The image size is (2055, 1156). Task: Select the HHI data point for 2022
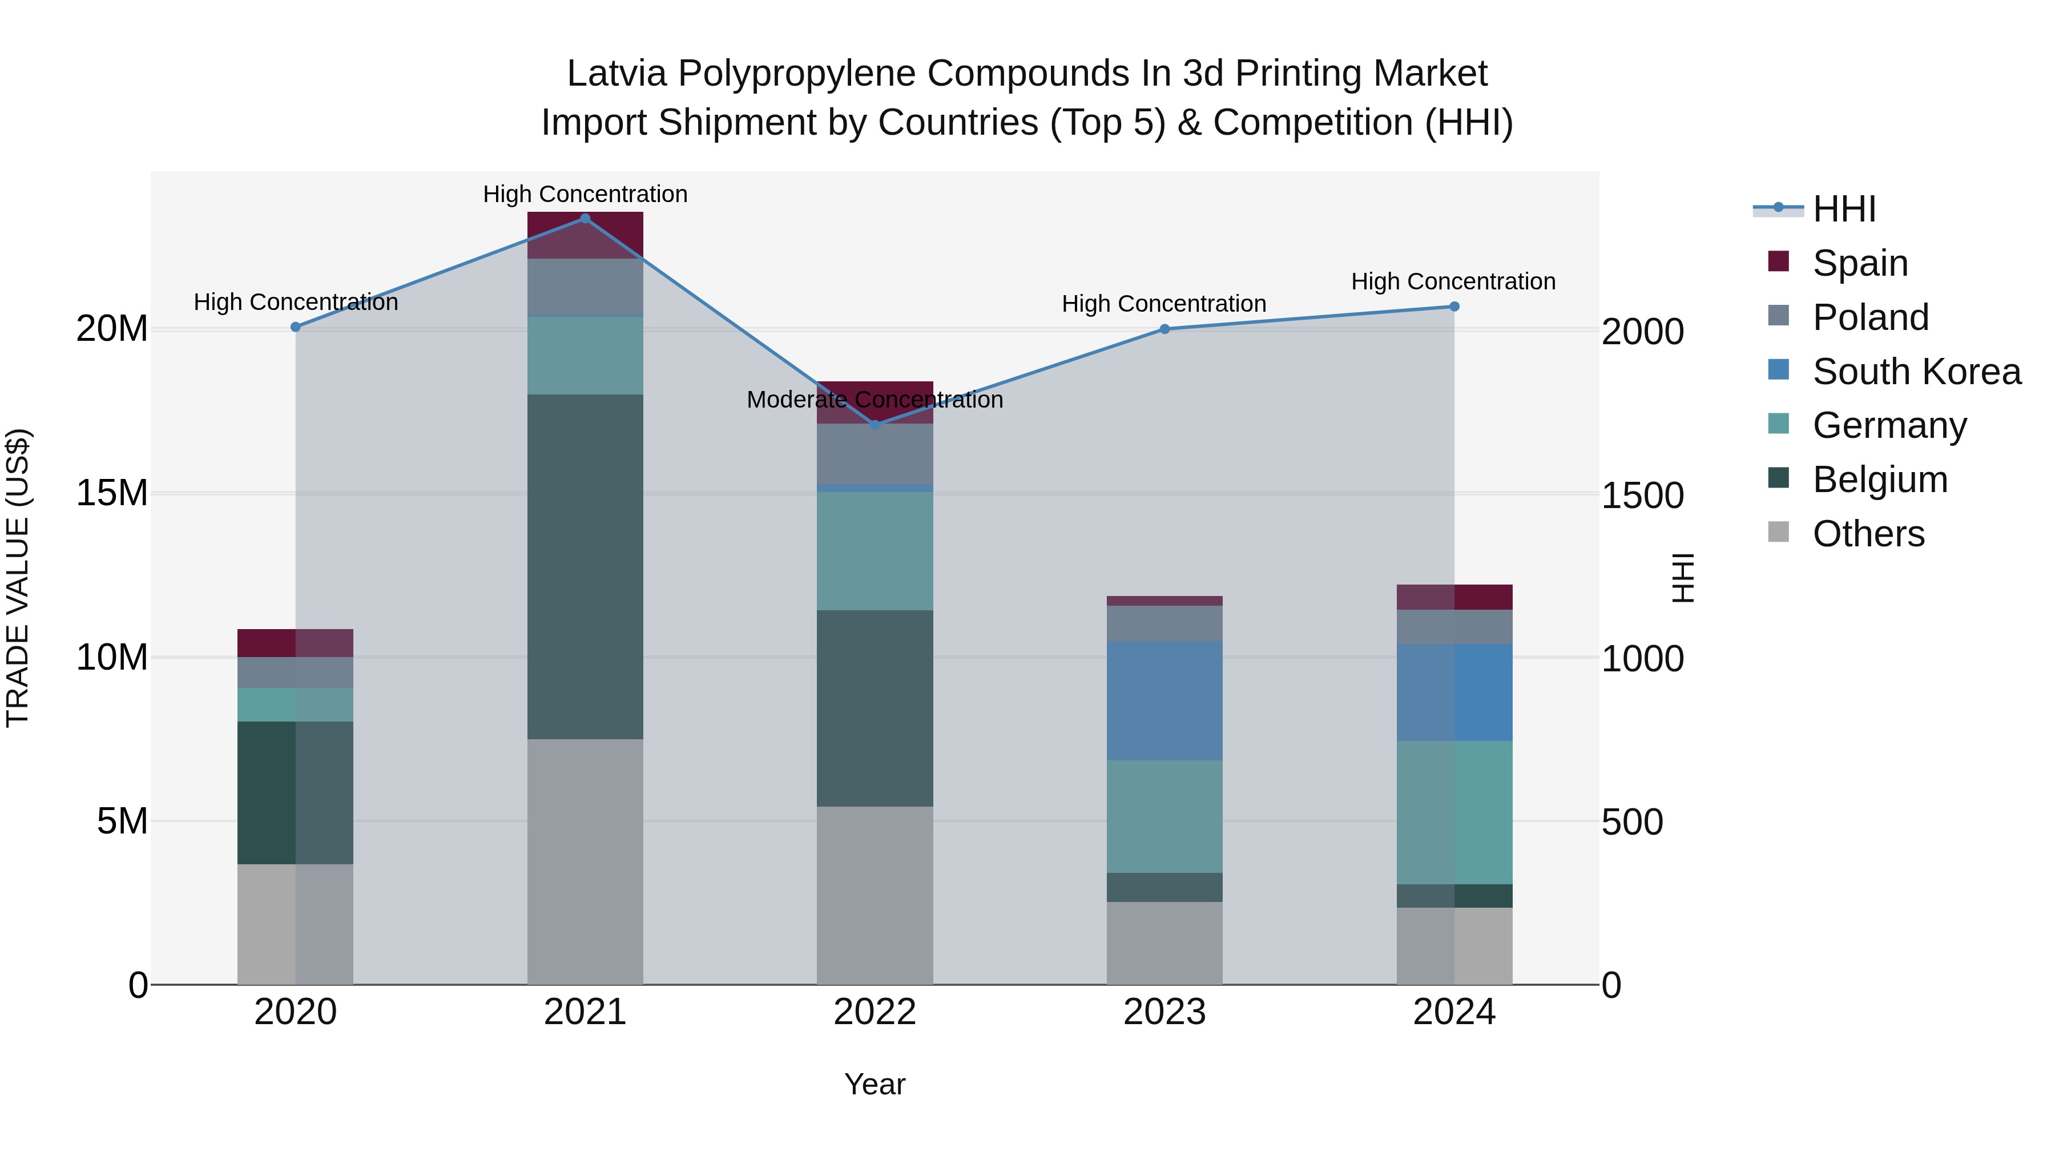click(875, 425)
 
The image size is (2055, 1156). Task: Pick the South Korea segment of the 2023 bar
click(1164, 700)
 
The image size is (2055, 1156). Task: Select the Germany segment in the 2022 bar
click(875, 550)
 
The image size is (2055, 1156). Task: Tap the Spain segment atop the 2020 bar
click(295, 643)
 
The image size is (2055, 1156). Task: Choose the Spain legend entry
click(1860, 263)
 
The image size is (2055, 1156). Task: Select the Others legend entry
click(1868, 534)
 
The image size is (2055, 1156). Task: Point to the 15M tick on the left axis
click(112, 493)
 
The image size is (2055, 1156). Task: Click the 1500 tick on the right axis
click(1642, 496)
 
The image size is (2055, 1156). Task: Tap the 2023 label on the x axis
click(1164, 1012)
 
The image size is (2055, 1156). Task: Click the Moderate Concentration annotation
click(875, 400)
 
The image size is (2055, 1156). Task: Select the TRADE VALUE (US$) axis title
click(18, 578)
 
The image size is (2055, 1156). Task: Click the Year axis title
click(875, 1084)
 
